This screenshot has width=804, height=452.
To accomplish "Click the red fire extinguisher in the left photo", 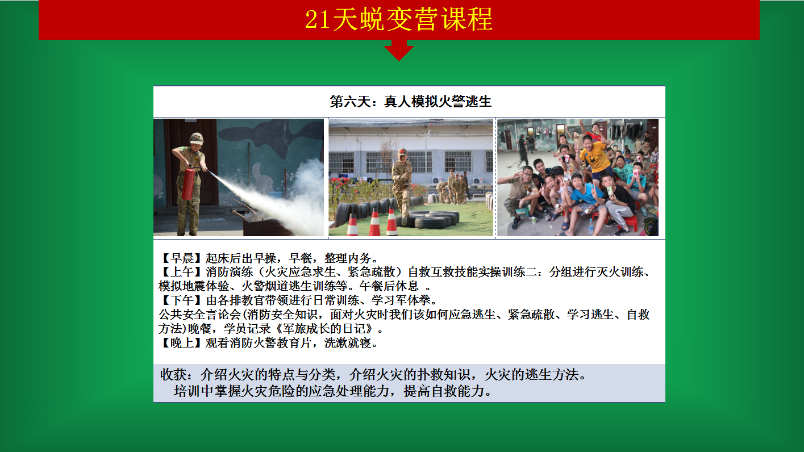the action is (x=188, y=183).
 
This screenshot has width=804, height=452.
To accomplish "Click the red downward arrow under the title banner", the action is (x=399, y=50).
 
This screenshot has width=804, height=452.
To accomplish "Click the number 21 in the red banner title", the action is (x=317, y=19).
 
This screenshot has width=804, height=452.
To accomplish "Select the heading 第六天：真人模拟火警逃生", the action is (x=410, y=102).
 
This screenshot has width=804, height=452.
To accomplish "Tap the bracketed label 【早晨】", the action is (x=182, y=258).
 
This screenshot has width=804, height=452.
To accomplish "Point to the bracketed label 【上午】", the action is (x=182, y=272).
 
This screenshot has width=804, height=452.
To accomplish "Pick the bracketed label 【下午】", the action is (x=182, y=300).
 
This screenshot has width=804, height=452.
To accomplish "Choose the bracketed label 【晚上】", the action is (x=182, y=343).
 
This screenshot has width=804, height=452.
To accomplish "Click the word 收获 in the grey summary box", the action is (x=173, y=375).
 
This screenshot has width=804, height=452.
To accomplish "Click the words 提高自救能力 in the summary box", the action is (x=444, y=391).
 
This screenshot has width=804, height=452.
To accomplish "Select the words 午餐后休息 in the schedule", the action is (x=389, y=286).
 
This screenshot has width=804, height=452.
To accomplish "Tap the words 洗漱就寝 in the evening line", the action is (x=348, y=343).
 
